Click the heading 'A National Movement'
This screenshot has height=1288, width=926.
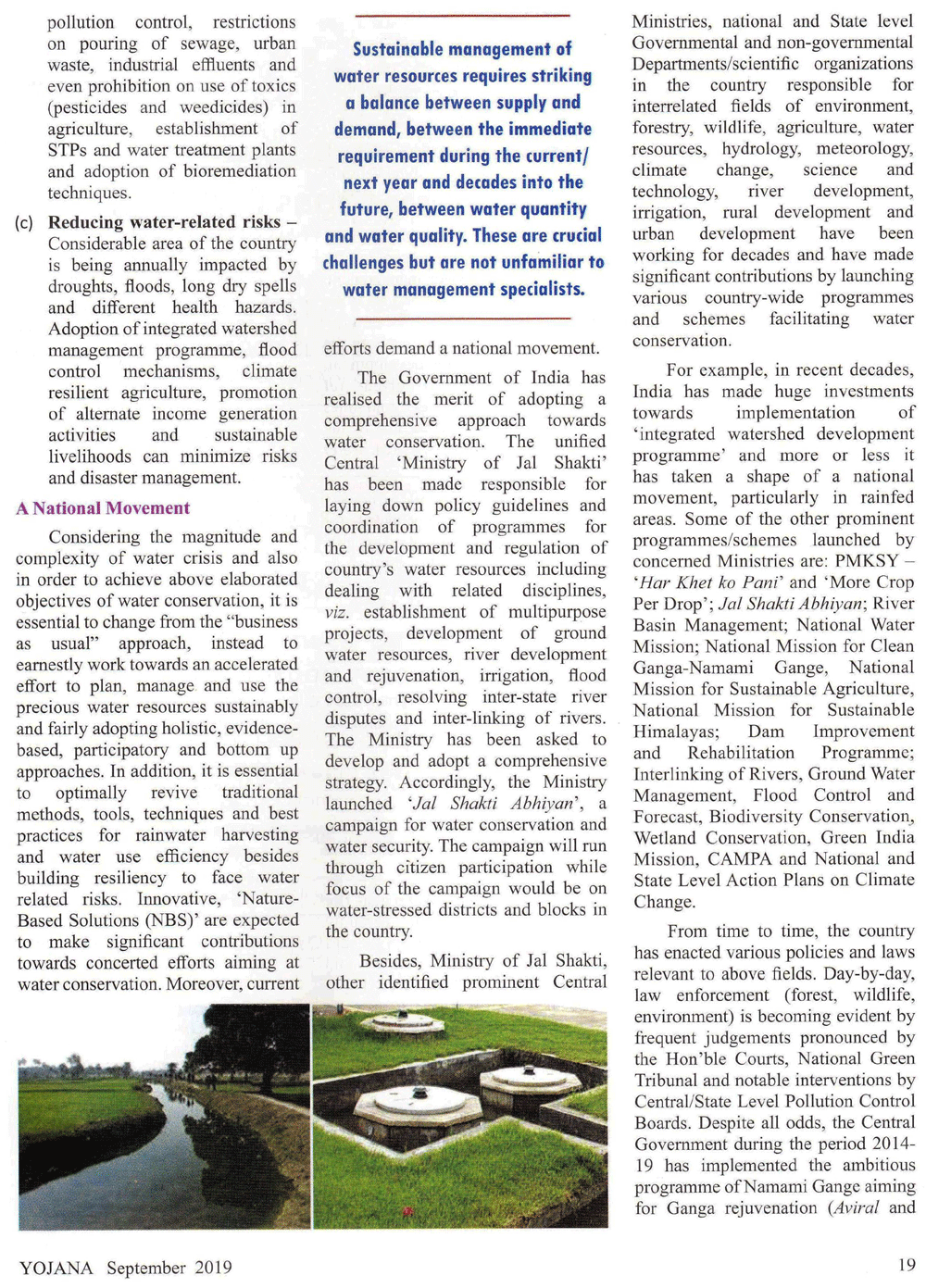pyautogui.click(x=103, y=508)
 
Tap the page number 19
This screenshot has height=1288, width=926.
pyautogui.click(x=906, y=1265)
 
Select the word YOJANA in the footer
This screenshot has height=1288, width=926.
pyautogui.click(x=56, y=1268)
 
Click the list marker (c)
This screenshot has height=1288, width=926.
pyautogui.click(x=25, y=223)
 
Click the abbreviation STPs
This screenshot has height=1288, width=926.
pyautogui.click(x=68, y=150)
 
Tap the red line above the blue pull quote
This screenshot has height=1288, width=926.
pyautogui.click(x=462, y=16)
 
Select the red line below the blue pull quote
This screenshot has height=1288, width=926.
pyautogui.click(x=462, y=319)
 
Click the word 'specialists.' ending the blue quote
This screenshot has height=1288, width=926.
pyautogui.click(x=540, y=290)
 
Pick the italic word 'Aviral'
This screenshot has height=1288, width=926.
pyautogui.click(x=855, y=1207)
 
